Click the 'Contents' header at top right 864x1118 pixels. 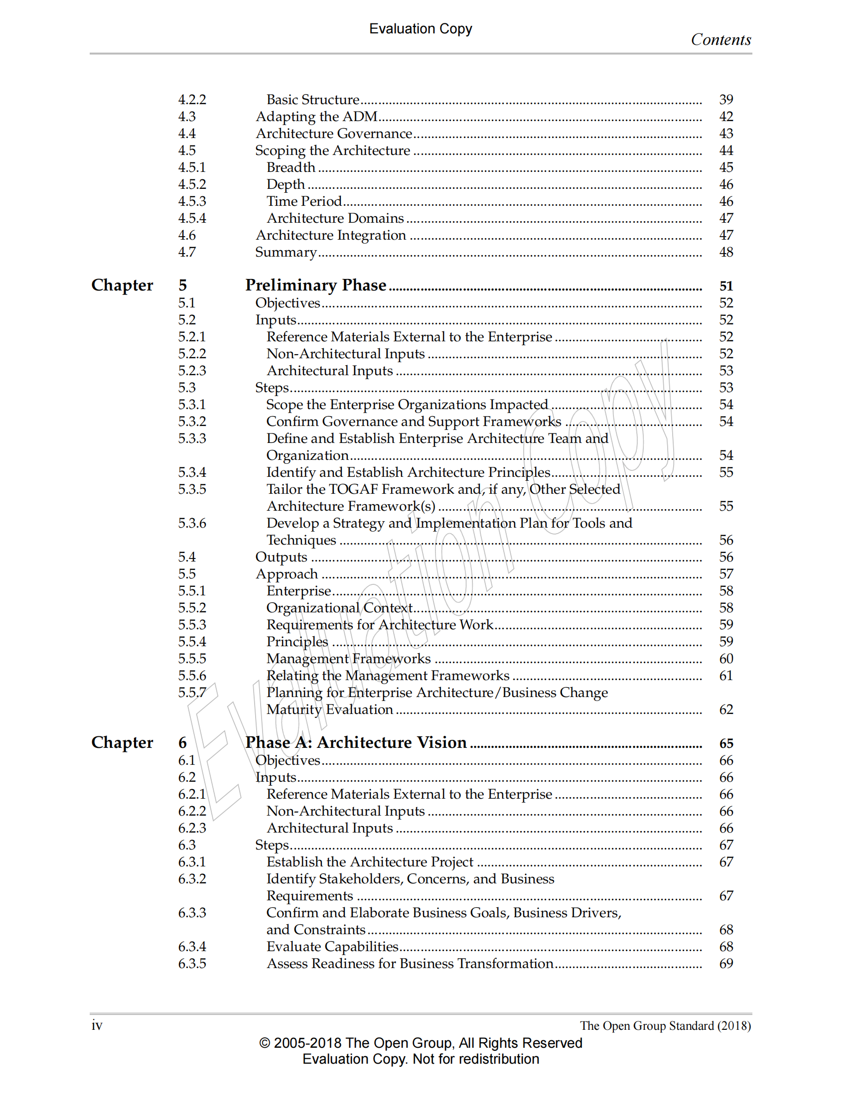point(720,40)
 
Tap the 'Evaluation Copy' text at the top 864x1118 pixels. point(420,29)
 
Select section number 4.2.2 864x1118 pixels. point(192,99)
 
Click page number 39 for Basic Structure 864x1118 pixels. point(726,99)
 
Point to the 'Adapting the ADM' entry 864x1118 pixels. point(316,117)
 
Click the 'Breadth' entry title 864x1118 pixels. point(290,167)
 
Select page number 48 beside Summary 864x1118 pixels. point(726,252)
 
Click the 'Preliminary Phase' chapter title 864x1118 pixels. point(315,284)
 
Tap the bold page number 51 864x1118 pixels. point(726,285)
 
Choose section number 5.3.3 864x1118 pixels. point(192,438)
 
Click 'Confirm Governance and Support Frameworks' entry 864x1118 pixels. point(413,421)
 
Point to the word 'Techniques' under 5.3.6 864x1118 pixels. point(301,540)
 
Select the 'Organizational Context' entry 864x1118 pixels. point(339,608)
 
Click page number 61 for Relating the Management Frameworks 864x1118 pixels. point(726,676)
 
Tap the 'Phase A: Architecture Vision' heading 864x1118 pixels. point(356,742)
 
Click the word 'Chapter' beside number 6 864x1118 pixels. point(122,742)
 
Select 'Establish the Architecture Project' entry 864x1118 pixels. point(370,862)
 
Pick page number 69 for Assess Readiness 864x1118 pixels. point(726,964)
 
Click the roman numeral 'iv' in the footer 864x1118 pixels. point(97,1025)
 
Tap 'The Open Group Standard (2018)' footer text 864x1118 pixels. point(665,1026)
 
